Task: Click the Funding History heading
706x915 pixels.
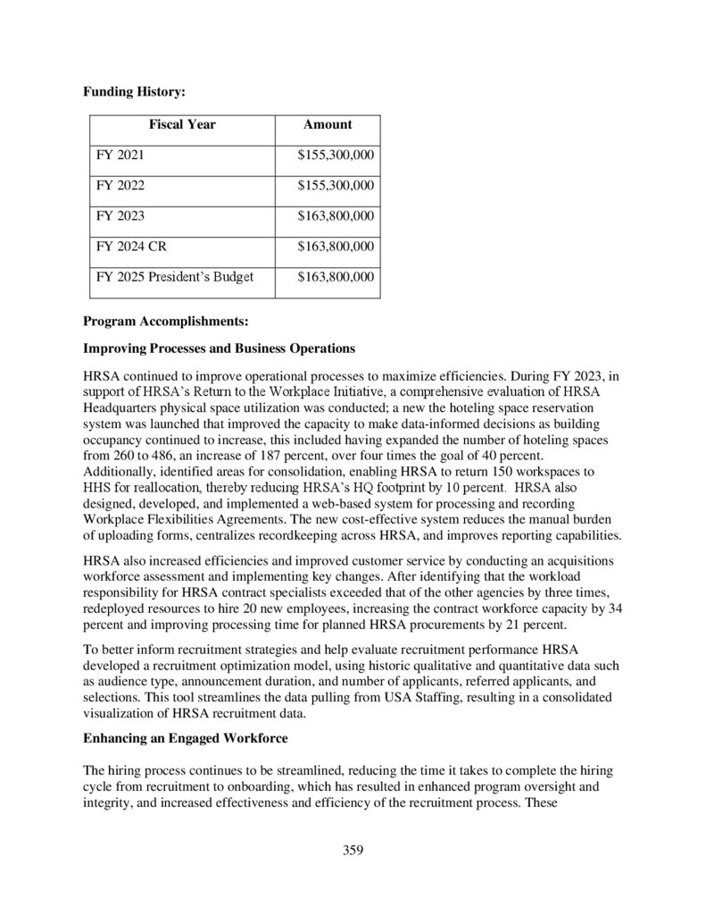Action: (134, 91)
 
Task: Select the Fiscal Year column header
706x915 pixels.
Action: (182, 125)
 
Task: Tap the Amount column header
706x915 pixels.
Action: (328, 125)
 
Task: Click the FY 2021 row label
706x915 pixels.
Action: (120, 155)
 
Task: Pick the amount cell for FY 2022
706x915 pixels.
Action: (335, 186)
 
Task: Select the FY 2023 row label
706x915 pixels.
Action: (120, 216)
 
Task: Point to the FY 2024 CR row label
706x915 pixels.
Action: (131, 247)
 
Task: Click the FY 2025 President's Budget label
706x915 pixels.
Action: (175, 277)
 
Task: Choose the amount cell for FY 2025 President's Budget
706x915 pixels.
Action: (335, 277)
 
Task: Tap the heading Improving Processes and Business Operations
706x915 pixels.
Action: (219, 348)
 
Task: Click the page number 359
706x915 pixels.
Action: (353, 850)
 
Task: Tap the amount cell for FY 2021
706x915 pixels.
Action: (335, 155)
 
